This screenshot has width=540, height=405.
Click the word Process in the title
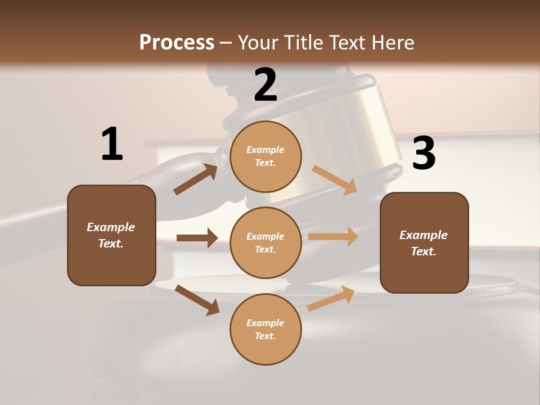[177, 42]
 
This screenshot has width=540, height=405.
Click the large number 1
[112, 144]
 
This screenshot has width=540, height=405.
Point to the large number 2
[265, 85]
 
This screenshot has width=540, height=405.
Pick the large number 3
[424, 154]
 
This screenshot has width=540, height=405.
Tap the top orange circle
[265, 156]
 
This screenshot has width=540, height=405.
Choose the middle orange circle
[265, 242]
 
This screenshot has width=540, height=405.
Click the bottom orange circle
[265, 329]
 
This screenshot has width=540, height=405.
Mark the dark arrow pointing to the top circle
[196, 179]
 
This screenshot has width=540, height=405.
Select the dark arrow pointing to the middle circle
[197, 238]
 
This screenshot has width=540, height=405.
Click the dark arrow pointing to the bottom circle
[197, 300]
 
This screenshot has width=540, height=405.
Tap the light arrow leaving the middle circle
[333, 236]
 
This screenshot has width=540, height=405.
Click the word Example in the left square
[111, 227]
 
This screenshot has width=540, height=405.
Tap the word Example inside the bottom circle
[265, 323]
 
